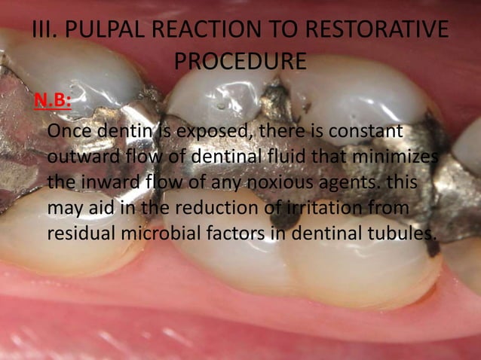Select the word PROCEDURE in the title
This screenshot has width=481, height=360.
(x=240, y=61)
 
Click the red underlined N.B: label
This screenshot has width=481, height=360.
(x=51, y=101)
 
